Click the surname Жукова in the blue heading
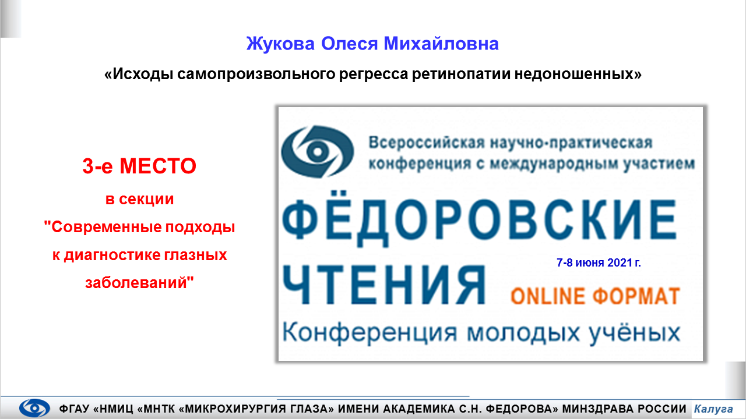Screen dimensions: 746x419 coord(280,44)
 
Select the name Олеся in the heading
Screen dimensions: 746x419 coord(349,44)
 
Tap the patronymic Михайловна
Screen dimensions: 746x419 coord(441,44)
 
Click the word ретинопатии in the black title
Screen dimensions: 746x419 coord(461,74)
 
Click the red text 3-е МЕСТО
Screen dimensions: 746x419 coord(139,166)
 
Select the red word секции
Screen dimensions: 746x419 coord(146,199)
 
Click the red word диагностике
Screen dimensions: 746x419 coord(112,255)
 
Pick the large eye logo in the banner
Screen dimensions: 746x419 coord(318,152)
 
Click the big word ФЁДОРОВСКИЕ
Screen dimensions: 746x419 coord(479,219)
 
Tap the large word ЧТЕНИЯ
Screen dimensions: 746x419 coord(383,285)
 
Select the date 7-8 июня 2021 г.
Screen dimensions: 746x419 coord(599,262)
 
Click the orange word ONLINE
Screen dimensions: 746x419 coord(548,296)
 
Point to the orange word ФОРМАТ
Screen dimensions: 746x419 coord(636,296)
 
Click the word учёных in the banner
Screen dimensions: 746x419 coord(635,333)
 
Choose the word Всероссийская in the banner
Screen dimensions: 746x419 coord(427,143)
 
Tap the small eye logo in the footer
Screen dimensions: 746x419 coord(34,408)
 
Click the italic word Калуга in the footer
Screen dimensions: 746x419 coord(713,409)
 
